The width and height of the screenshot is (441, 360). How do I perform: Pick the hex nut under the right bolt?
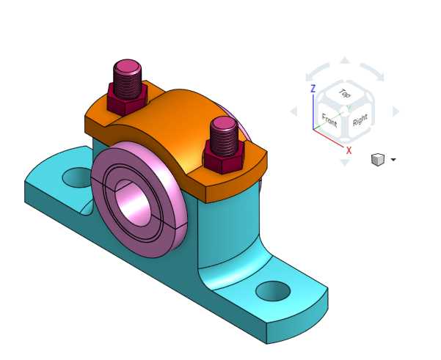(224, 157)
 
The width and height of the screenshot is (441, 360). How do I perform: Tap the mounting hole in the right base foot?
(273, 291)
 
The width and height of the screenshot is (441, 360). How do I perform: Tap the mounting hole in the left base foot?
(76, 177)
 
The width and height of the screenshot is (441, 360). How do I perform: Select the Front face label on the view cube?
(329, 120)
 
